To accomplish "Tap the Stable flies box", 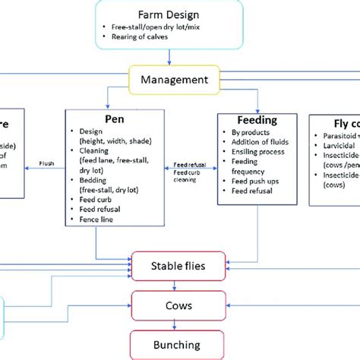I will [x=179, y=266].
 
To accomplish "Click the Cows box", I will [x=179, y=305].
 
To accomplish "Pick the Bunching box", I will [x=179, y=345].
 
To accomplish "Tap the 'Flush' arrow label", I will [x=46, y=163].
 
